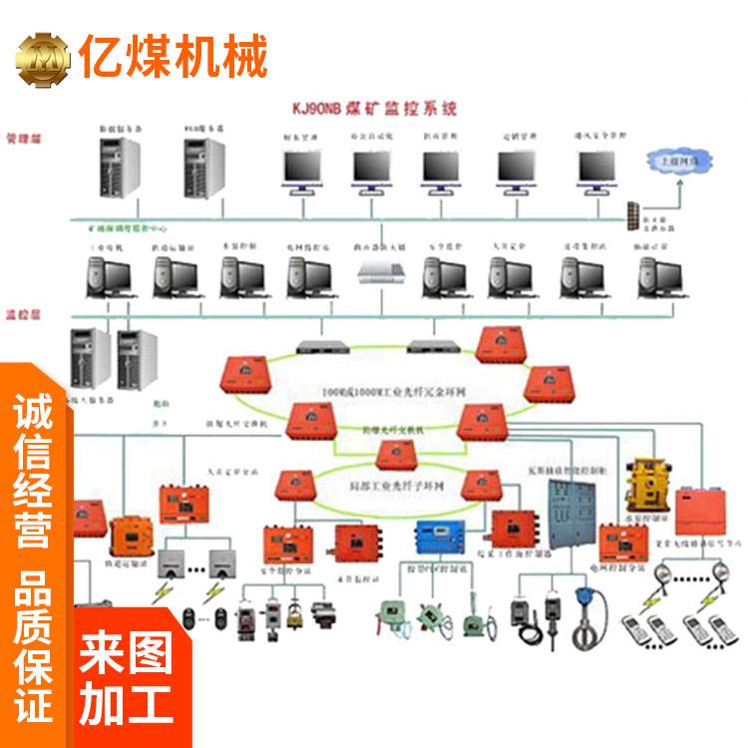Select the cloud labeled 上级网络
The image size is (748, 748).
(x=674, y=160)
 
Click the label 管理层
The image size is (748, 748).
(x=21, y=135)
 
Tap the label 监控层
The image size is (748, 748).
(x=21, y=311)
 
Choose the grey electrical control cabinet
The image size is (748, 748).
(x=561, y=509)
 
